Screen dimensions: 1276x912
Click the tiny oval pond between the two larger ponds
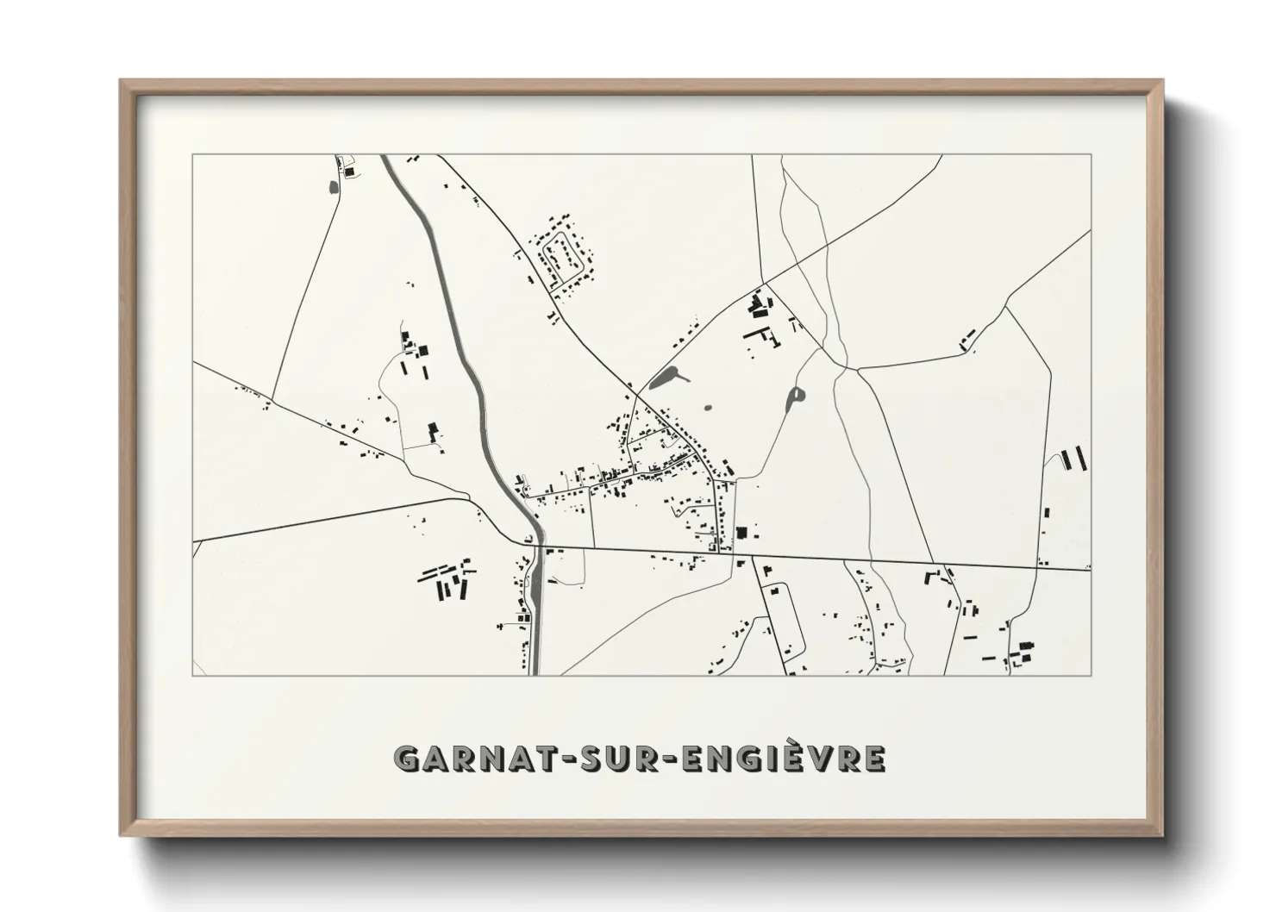point(709,409)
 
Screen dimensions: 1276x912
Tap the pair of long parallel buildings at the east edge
point(1075,459)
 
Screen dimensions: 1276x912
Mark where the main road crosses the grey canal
point(536,547)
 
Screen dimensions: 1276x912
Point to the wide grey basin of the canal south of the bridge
point(538,595)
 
